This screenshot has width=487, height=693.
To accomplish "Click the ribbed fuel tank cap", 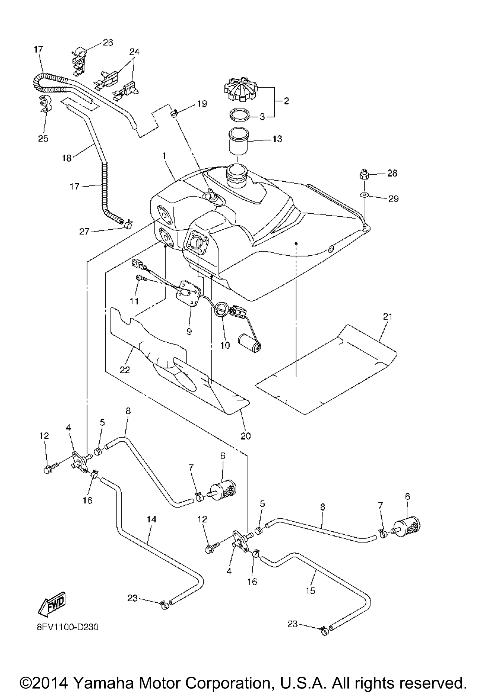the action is pyautogui.click(x=241, y=89).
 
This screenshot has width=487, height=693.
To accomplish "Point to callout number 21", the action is pyautogui.click(x=387, y=317).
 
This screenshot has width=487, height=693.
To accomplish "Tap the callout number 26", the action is pyautogui.click(x=108, y=43).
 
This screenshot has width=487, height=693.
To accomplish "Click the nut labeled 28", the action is pyautogui.click(x=364, y=174).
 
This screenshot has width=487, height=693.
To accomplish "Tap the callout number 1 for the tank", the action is pyautogui.click(x=164, y=156).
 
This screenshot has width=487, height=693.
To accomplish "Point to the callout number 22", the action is pyautogui.click(x=125, y=369).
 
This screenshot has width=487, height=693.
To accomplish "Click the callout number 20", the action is pyautogui.click(x=246, y=436).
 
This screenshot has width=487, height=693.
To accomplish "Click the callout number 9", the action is pyautogui.click(x=189, y=331).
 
